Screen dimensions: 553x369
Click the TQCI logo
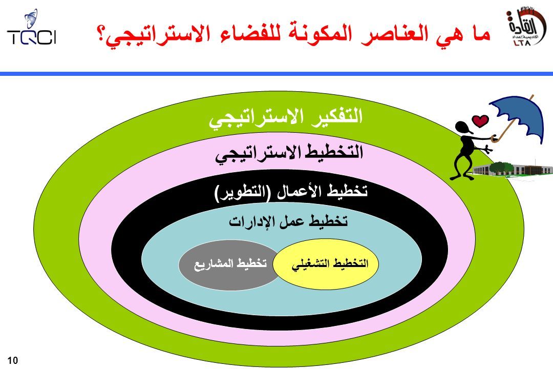[x=31, y=28]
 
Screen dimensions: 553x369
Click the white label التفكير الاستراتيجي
[x=286, y=118]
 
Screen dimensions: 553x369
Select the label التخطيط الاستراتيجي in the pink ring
[x=289, y=154]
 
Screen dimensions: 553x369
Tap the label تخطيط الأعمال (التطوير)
[x=291, y=193]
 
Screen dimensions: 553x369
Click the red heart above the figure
[x=480, y=121]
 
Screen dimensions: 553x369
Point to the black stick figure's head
[x=463, y=128]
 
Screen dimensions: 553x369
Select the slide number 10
[x=12, y=360]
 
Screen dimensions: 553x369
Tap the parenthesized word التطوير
[x=243, y=193]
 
